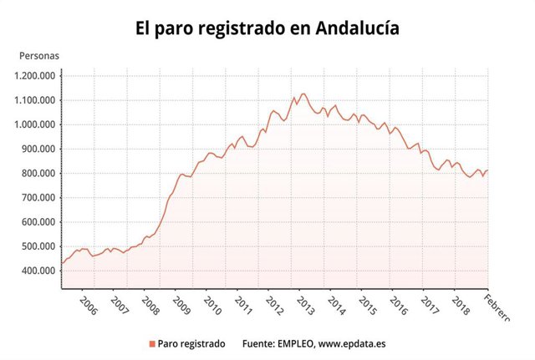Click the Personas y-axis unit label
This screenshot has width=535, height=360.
tap(38, 57)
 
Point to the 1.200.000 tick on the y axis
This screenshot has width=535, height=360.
tap(35, 76)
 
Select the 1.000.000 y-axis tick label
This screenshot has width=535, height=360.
tap(35, 125)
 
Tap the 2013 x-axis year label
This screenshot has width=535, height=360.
tap(305, 306)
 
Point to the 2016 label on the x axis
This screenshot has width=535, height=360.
tap(399, 306)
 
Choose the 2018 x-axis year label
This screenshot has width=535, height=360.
tap(461, 306)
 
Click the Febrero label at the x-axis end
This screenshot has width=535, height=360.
tap(502, 306)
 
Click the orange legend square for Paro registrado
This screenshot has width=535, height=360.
tap(151, 343)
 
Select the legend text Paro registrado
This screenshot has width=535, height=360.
tap(191, 343)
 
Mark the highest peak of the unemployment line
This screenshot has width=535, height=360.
tap(303, 94)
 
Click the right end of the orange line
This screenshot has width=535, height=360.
tap(487, 170)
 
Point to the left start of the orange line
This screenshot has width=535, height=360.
tap(61, 264)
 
